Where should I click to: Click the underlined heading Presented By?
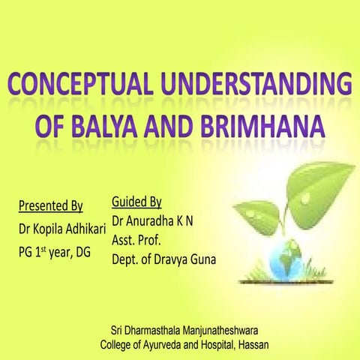click(51, 205)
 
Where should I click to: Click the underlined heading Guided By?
click(136, 202)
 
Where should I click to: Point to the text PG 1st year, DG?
click(54, 253)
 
